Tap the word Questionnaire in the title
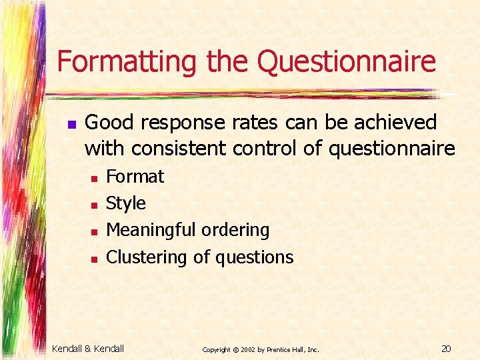(346, 62)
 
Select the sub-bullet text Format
(135, 177)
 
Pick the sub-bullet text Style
(126, 203)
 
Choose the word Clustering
(147, 257)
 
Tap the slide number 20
(447, 348)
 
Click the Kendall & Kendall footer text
(88, 348)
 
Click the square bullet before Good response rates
(72, 124)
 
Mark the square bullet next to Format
(95, 178)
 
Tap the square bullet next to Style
(95, 205)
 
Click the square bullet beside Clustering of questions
(95, 258)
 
